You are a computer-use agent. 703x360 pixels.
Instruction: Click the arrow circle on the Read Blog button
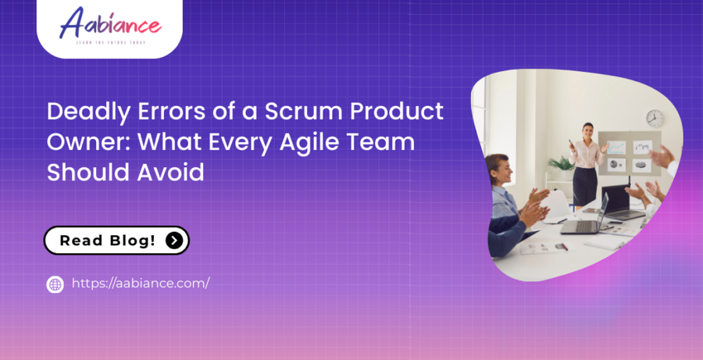coord(174,241)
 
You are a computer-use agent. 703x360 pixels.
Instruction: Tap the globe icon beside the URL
coord(55,284)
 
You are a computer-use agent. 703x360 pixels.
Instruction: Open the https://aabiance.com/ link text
coord(141,283)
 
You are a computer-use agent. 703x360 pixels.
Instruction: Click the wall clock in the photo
coord(655,118)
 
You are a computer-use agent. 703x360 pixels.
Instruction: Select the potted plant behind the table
coord(562,165)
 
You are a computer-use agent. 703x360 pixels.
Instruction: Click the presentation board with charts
coord(629,154)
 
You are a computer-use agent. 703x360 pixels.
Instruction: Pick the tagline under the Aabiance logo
coord(110,42)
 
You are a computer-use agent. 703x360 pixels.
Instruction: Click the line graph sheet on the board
coord(617,146)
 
